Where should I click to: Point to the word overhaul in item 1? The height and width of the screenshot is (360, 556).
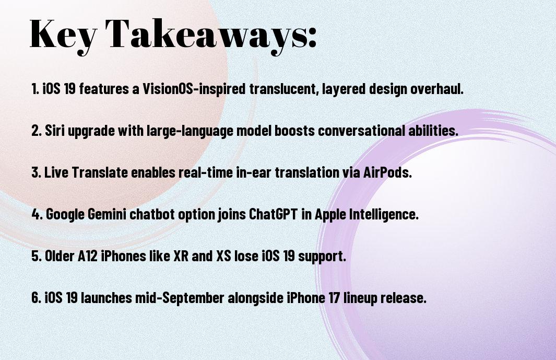[x=436, y=89]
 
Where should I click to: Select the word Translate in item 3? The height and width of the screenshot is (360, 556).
[x=100, y=172]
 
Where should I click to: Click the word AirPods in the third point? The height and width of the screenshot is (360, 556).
[x=387, y=172]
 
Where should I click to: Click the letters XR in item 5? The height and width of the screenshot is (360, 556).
[x=181, y=256]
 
